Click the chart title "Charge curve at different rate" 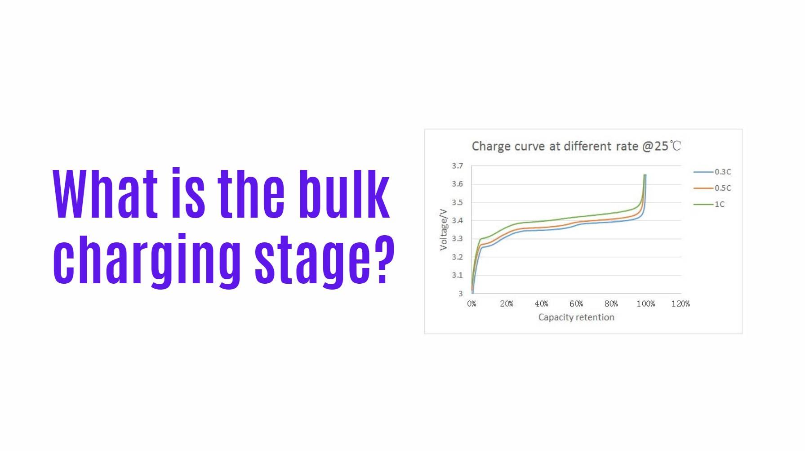tap(555, 146)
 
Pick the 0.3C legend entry tap(712, 172)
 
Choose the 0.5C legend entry tap(712, 188)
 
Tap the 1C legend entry tap(709, 204)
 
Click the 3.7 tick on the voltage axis tap(457, 166)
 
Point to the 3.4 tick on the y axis tap(457, 220)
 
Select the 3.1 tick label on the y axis tap(457, 275)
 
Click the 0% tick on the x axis tap(471, 304)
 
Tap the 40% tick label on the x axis tap(541, 304)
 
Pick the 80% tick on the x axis tap(611, 304)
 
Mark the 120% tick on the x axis tap(680, 304)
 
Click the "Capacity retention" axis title tap(576, 317)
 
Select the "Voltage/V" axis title tap(444, 229)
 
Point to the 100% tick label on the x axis tap(646, 304)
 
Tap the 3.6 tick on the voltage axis tap(457, 184)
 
